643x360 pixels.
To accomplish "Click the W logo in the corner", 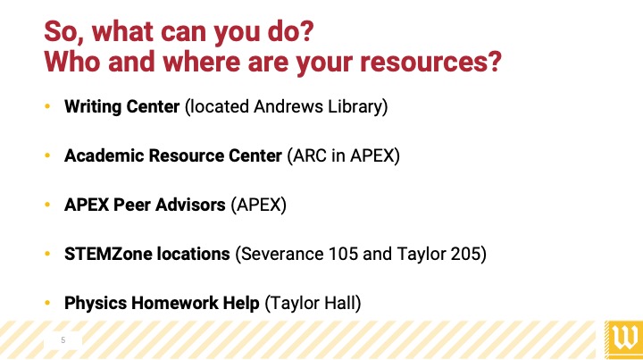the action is [623, 339].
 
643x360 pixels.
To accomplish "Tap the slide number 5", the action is [63, 340].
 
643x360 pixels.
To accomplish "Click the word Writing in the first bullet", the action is [93, 106].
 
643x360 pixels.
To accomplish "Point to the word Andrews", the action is [288, 106].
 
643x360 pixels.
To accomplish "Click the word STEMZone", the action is [108, 255].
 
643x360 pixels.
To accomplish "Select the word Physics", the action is [96, 304].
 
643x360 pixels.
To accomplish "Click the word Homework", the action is [175, 304].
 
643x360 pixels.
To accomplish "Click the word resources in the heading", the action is [426, 63].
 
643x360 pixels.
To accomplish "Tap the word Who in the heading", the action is [72, 62].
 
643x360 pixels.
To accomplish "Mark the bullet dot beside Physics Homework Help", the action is [47, 304].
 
